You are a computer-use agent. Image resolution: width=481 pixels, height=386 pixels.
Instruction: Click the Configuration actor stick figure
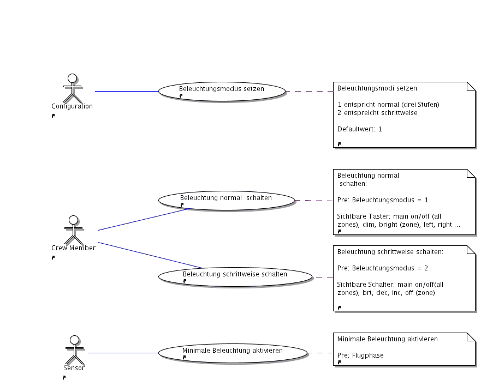coord(72,89)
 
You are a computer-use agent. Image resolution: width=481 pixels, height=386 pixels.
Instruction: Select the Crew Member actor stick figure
coord(72,230)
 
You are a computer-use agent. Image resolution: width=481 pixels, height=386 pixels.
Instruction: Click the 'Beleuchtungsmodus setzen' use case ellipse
coord(222,91)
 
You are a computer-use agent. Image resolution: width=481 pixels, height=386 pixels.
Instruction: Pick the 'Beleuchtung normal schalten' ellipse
coord(226,200)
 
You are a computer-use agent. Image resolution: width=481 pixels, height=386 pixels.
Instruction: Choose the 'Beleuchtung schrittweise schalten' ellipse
coord(235,276)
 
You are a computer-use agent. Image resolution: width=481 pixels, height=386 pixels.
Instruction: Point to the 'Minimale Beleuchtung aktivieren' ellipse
coord(233,353)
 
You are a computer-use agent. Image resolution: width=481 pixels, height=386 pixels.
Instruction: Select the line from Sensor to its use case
coord(123,353)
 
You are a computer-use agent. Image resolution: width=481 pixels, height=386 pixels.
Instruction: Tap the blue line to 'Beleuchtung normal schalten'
coord(144,219)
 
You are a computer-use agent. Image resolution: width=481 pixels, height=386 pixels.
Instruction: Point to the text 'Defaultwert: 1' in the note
coord(359,129)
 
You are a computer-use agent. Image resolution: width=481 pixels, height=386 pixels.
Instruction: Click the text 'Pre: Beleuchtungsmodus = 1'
coord(383,200)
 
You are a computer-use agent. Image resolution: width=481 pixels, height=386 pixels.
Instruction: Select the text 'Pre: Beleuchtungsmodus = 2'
coord(383,268)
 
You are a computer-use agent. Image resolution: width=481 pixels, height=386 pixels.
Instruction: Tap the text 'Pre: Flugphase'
coord(360,355)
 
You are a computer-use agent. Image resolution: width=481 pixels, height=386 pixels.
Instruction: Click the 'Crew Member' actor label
coord(73,248)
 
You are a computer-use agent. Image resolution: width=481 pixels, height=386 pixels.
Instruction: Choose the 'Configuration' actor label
coord(72,106)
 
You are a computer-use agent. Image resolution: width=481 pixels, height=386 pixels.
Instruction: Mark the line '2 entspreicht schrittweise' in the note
coord(377,112)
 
